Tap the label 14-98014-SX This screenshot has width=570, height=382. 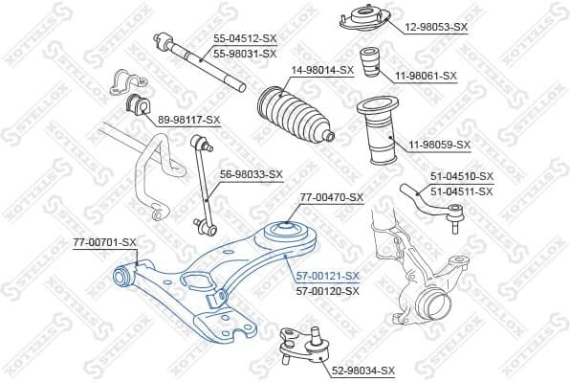[x=322, y=70]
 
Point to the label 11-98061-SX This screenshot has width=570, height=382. [x=427, y=75]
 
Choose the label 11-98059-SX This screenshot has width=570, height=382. [x=441, y=145]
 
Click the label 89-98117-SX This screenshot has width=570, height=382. [x=188, y=120]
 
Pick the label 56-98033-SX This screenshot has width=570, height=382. [x=252, y=174]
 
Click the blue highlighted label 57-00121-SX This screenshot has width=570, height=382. [x=328, y=275]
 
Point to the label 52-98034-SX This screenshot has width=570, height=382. [x=362, y=370]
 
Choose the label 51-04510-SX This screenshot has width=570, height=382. [x=462, y=176]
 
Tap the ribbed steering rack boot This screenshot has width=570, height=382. [x=292, y=111]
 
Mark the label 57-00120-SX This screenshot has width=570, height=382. [x=328, y=289]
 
